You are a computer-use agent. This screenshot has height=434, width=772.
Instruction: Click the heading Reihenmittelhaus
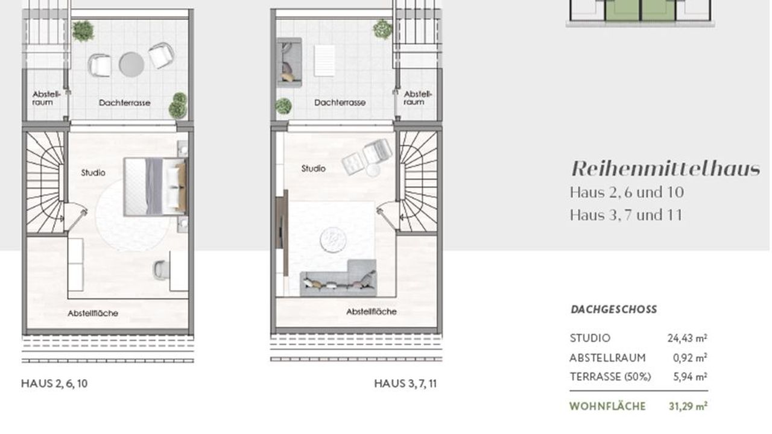click(666, 169)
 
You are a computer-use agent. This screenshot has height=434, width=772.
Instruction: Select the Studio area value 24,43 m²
click(687, 338)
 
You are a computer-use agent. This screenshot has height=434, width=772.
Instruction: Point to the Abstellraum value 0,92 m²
click(690, 358)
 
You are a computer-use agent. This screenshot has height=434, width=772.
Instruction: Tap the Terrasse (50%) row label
click(610, 377)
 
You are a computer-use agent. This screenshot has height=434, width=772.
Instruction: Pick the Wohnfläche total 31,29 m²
click(688, 406)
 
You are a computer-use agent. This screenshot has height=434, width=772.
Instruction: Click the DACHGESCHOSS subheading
click(614, 309)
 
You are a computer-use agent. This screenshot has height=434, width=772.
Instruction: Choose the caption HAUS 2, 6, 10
click(54, 384)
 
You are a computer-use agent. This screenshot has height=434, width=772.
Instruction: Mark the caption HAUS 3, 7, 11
click(405, 384)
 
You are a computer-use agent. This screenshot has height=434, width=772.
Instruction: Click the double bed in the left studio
click(156, 187)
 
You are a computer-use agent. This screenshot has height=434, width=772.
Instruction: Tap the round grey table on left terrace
click(131, 64)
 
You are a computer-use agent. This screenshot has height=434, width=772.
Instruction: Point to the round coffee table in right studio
click(333, 240)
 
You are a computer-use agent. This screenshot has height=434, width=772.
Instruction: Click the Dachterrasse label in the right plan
click(340, 102)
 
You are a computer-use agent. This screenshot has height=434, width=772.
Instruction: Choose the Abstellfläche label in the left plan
click(93, 313)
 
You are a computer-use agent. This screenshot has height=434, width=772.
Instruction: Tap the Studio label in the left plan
click(93, 172)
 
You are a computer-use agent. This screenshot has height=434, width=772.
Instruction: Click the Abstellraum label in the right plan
click(417, 98)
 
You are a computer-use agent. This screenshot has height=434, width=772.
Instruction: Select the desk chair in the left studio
click(160, 269)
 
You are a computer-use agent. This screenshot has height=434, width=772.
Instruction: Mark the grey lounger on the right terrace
click(289, 62)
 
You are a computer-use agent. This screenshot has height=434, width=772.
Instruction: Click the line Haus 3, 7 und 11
click(626, 215)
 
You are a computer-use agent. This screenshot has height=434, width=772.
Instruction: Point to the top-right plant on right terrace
click(382, 29)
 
